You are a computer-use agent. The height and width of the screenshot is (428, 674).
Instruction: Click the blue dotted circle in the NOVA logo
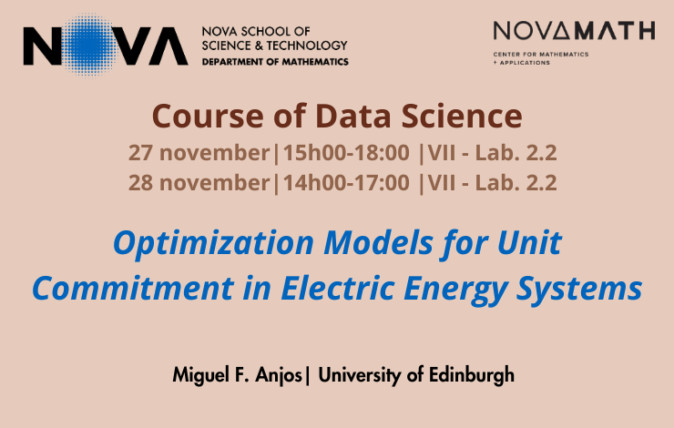click(x=89, y=46)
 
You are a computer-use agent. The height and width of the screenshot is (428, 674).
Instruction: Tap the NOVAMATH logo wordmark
click(x=575, y=31)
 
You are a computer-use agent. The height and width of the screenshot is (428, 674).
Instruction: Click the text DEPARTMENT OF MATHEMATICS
click(x=275, y=62)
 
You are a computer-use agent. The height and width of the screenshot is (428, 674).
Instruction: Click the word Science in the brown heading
click(x=462, y=116)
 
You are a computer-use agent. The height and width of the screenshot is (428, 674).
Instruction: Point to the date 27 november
click(x=199, y=153)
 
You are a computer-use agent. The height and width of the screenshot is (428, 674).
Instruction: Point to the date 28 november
click(x=199, y=183)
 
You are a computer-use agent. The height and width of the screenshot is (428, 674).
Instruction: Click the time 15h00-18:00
click(x=346, y=153)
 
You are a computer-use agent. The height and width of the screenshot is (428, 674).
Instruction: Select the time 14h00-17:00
click(x=346, y=183)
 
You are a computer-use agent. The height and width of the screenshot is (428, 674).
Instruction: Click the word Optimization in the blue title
click(x=214, y=244)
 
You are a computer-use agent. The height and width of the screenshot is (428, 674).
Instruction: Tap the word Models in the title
click(x=378, y=243)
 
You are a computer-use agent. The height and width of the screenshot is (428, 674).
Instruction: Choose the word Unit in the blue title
click(x=529, y=243)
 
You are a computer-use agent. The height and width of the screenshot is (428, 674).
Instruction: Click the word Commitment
click(x=133, y=288)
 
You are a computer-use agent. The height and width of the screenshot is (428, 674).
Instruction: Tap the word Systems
click(x=579, y=290)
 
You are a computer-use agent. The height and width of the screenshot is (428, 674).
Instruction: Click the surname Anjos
click(x=279, y=375)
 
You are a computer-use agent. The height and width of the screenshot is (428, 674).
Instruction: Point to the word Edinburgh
click(x=472, y=375)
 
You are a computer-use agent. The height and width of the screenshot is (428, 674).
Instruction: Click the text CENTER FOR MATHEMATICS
click(x=541, y=54)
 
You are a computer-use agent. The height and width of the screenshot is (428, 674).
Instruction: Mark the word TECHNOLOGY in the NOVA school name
click(x=307, y=46)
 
